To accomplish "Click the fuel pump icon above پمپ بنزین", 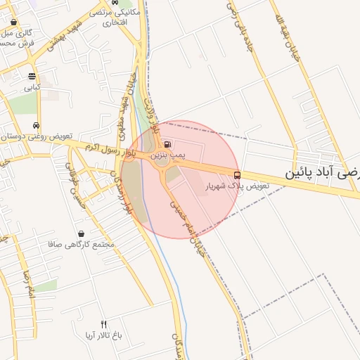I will click(167, 144).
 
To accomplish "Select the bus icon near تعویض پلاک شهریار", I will click(237, 175).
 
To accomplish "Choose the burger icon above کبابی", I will click(32, 77).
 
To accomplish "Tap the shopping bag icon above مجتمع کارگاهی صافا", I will click(82, 233).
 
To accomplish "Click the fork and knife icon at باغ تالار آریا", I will click(104, 324).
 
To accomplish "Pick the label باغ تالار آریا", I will click(104, 335).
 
